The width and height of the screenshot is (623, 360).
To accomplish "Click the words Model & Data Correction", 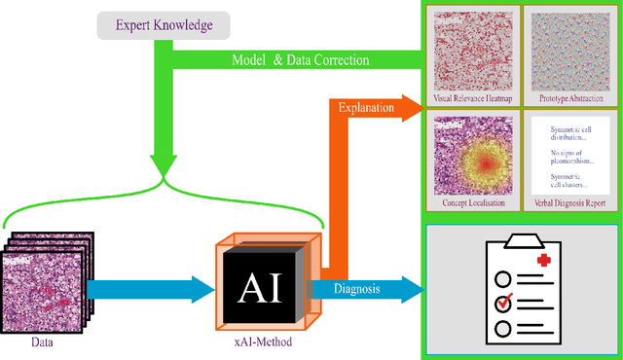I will pyautogui.click(x=300, y=59).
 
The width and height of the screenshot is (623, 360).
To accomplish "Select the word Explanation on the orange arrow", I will pyautogui.click(x=366, y=108).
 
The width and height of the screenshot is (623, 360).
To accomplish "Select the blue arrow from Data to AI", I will pyautogui.click(x=151, y=289).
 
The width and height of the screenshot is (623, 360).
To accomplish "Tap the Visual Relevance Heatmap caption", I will pyautogui.click(x=472, y=99).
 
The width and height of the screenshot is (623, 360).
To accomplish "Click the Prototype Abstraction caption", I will pyautogui.click(x=570, y=99).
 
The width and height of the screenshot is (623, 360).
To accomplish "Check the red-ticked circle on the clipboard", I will pyautogui.click(x=502, y=303).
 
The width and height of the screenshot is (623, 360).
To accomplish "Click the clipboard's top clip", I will pyautogui.click(x=523, y=239).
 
